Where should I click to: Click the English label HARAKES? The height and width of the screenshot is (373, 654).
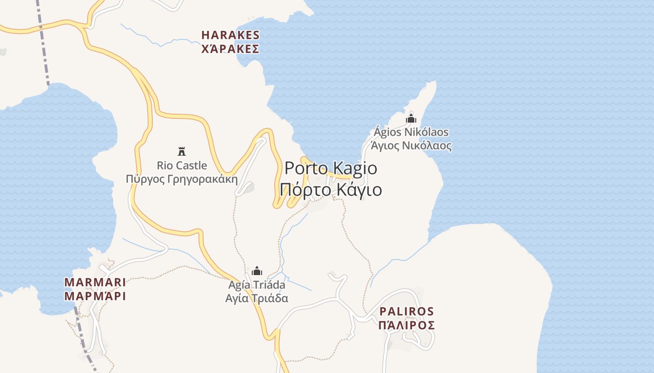pyautogui.click(x=230, y=35)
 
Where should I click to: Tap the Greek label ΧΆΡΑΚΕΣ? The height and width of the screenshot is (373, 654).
pyautogui.click(x=230, y=48)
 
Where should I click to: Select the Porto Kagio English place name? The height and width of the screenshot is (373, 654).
pyautogui.click(x=331, y=168)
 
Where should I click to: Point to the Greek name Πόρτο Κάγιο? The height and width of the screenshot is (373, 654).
pyautogui.click(x=331, y=190)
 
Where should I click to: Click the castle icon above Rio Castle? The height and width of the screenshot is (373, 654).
pyautogui.click(x=182, y=151)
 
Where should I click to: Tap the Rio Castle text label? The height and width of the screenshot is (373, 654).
pyautogui.click(x=182, y=165)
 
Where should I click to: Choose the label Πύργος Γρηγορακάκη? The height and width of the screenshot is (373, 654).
pyautogui.click(x=182, y=179)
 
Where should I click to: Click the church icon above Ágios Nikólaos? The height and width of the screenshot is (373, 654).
pyautogui.click(x=411, y=118)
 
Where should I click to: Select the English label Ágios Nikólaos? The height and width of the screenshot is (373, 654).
pyautogui.click(x=411, y=132)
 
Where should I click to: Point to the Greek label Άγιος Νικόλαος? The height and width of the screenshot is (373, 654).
pyautogui.click(x=411, y=146)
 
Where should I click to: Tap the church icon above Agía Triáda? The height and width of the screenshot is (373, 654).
pyautogui.click(x=257, y=271)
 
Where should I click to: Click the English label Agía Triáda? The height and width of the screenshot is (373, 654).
pyautogui.click(x=257, y=284)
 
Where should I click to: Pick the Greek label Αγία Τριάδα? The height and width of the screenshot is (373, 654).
pyautogui.click(x=257, y=298)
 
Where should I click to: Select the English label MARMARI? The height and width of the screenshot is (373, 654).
pyautogui.click(x=95, y=282)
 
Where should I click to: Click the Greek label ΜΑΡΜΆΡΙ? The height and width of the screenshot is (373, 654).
pyautogui.click(x=95, y=296)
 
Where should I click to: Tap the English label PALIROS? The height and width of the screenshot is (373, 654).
pyautogui.click(x=406, y=311)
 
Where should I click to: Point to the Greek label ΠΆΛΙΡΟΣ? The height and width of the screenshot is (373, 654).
pyautogui.click(x=406, y=325)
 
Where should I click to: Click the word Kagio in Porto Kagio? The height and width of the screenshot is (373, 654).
pyautogui.click(x=356, y=168)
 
